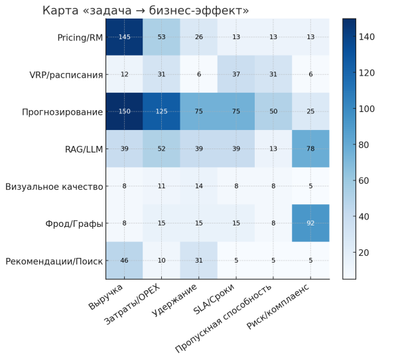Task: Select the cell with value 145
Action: [124, 36]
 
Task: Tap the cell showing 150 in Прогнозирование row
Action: [124, 111]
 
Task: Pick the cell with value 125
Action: [161, 111]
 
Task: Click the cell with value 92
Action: [310, 223]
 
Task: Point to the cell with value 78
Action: [310, 149]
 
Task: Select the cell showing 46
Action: [124, 261]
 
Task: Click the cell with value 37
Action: [235, 74]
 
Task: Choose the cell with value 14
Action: [198, 186]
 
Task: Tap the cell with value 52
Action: [161, 149]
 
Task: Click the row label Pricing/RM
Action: [80, 37]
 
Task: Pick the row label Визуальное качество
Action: [54, 186]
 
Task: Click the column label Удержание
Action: [174, 302]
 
